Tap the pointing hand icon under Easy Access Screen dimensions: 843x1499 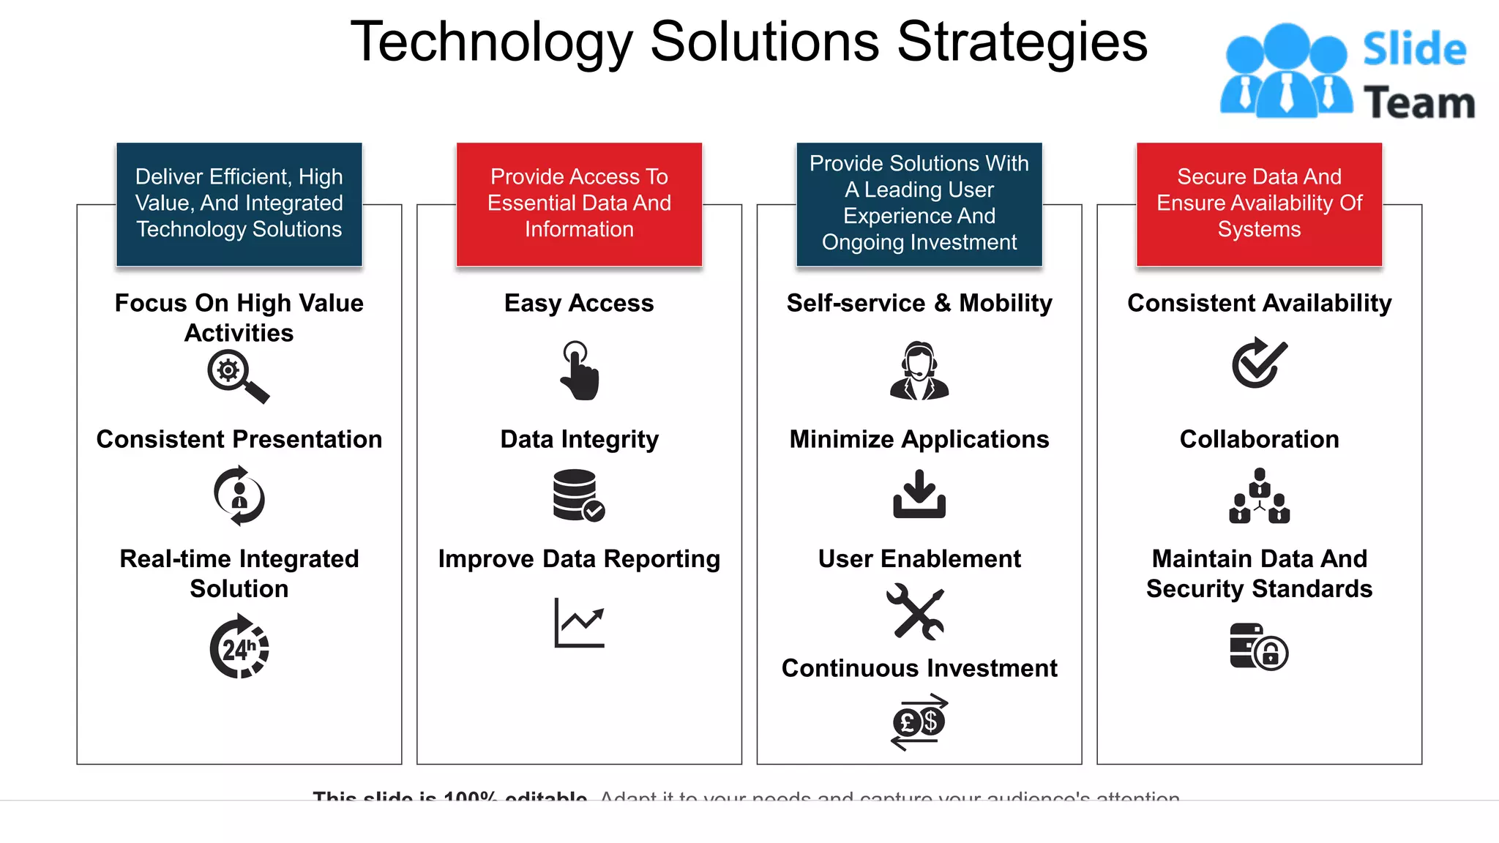coord(580,371)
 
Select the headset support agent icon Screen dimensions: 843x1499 coord(919,370)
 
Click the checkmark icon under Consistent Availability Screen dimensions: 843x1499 coord(1259,363)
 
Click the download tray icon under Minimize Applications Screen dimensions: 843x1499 coord(919,494)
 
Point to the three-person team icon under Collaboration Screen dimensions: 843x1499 coord(1259,496)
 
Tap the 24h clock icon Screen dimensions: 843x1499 coord(239,647)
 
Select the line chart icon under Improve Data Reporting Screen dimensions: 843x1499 coord(580,623)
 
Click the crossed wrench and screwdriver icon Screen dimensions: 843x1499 coord(916,612)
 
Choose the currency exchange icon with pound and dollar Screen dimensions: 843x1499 coord(919,722)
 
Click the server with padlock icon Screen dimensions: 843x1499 coord(1258,647)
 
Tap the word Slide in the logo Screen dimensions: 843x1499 coord(1414,50)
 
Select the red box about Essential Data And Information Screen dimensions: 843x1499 coord(579,204)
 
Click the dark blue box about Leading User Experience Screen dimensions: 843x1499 coord(919,204)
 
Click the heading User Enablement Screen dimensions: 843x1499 coord(919,559)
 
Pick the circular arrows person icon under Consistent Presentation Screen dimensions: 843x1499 coord(239,496)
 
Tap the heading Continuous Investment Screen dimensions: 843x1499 coord(919,668)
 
